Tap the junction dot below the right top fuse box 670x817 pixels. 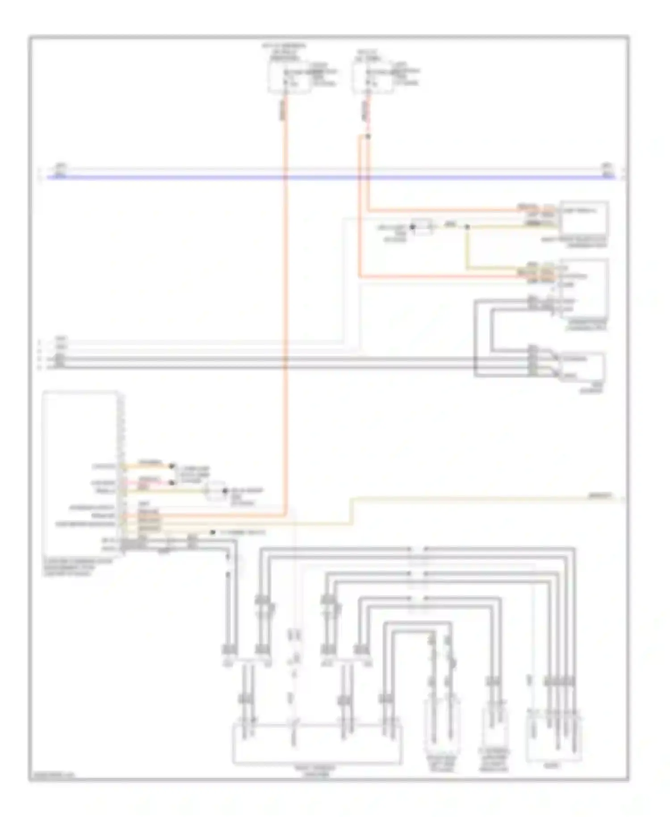coord(368,136)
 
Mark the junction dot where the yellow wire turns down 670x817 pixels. coord(467,227)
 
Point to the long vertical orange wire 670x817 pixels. coord(284,313)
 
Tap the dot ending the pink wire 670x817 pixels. coord(171,483)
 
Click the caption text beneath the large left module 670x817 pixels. coord(76,567)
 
